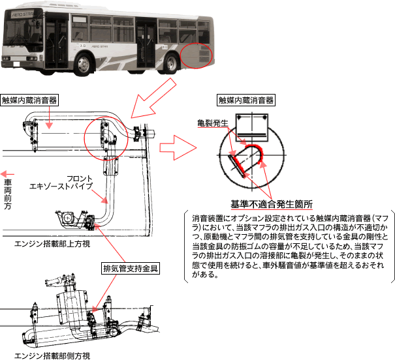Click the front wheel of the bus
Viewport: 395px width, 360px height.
click(86, 63)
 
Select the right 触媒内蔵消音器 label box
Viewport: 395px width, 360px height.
click(246, 100)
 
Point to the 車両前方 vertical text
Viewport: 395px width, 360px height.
click(7, 196)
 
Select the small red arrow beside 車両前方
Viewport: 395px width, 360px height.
click(7, 173)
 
